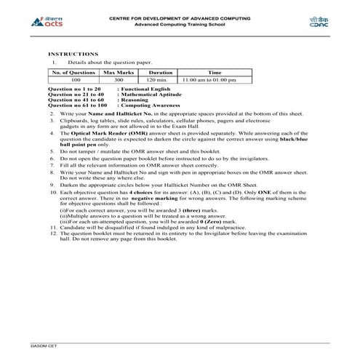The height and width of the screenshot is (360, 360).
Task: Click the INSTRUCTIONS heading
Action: tap(73, 54)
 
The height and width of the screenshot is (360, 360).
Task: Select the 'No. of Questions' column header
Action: tap(73, 73)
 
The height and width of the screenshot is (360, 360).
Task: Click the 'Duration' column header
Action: tap(160, 73)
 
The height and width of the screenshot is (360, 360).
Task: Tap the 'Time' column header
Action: tap(215, 73)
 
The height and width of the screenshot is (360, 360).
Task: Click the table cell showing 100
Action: tap(73, 80)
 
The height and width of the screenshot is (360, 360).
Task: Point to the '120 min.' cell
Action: tap(160, 80)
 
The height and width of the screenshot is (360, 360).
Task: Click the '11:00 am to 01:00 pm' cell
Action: tap(215, 80)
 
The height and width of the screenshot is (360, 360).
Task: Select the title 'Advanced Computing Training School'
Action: tap(180, 24)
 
